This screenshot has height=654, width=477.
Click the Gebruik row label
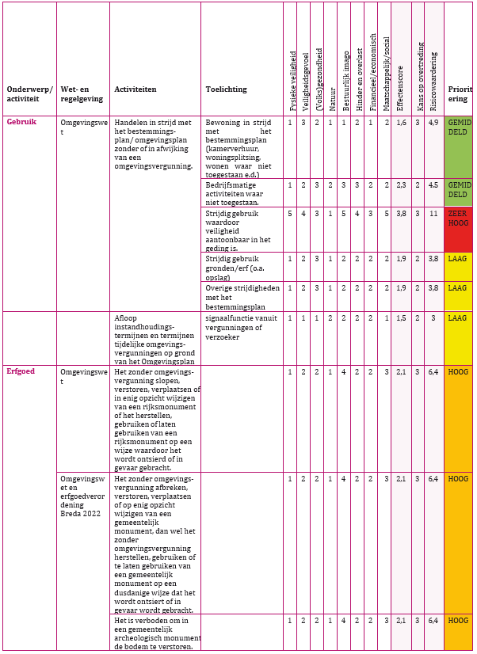pos(21,122)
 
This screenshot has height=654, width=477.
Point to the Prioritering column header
pos(460,94)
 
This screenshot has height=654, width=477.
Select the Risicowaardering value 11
pos(433,213)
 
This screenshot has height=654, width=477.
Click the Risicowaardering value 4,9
pos(433,123)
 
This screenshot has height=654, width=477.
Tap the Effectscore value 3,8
pos(402,213)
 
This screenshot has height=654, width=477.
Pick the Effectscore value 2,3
pos(402,184)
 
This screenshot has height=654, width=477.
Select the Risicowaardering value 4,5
pos(433,184)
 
